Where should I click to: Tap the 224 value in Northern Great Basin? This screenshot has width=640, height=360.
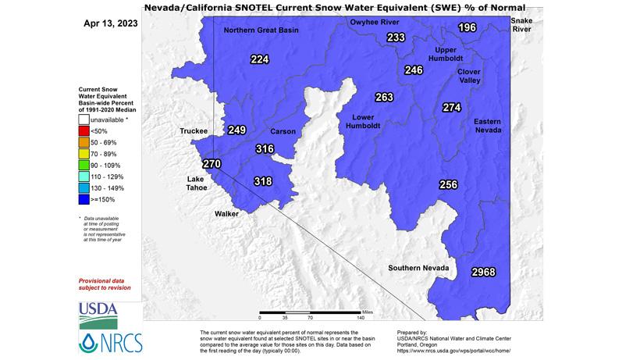(x=259, y=59)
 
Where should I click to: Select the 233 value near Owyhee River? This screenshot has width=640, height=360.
(x=396, y=38)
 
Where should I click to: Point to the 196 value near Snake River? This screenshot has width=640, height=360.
(x=467, y=28)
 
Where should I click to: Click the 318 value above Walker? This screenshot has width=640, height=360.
(x=264, y=181)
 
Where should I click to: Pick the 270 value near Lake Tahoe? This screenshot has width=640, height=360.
(x=212, y=164)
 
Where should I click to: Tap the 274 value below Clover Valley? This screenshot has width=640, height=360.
(x=452, y=108)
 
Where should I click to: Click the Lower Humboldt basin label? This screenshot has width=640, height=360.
(x=362, y=120)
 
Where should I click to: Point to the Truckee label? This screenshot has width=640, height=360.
(x=193, y=131)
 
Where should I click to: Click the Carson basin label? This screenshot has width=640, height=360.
(x=283, y=131)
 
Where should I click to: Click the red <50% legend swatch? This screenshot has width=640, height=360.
(x=84, y=132)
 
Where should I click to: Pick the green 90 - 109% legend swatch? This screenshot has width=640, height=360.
(x=84, y=166)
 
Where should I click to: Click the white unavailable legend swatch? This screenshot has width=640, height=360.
(x=84, y=120)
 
